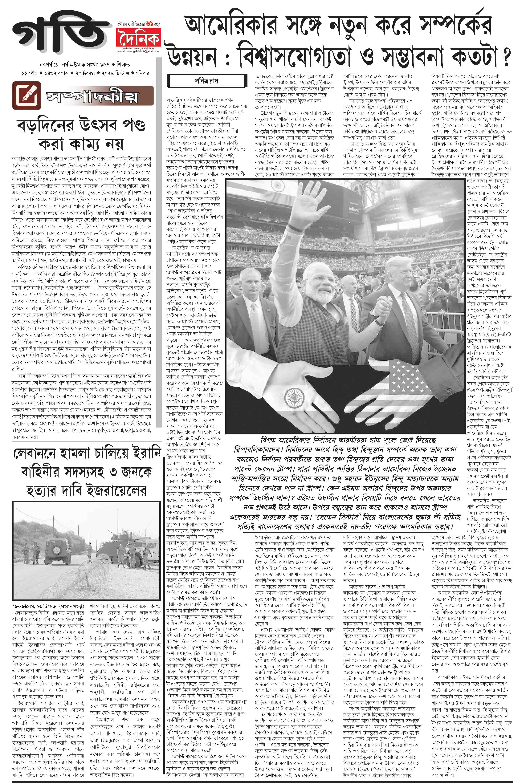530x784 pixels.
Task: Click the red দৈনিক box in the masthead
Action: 138,39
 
